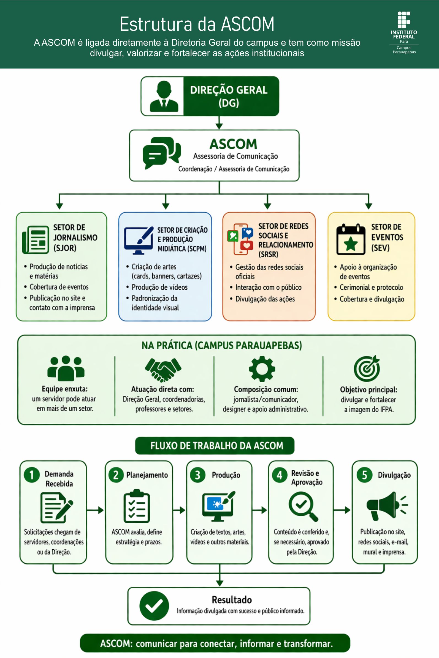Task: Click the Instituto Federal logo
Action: tap(404, 32)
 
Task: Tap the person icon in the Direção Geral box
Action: tap(164, 97)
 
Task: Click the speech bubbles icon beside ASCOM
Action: tap(162, 153)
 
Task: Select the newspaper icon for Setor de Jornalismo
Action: tap(36, 240)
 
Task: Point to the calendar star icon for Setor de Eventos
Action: tap(351, 240)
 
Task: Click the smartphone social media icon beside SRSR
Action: tap(240, 239)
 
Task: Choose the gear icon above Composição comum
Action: tap(262, 369)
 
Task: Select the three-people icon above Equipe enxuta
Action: tap(66, 368)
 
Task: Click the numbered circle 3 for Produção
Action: tap(198, 475)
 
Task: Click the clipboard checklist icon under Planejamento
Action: tap(137, 506)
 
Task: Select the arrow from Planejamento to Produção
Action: tap(179, 510)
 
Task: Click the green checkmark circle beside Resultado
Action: tap(154, 606)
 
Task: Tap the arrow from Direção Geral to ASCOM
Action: tap(219, 123)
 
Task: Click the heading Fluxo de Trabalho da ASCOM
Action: tap(217, 445)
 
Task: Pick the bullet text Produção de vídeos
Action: tap(159, 287)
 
